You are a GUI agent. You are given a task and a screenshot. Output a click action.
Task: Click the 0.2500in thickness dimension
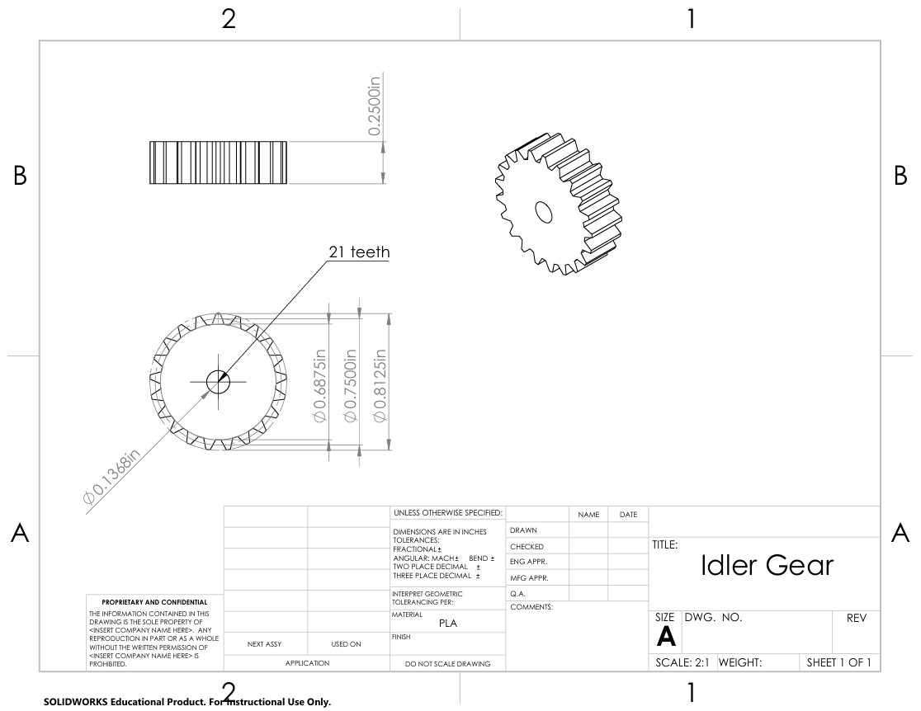pyautogui.click(x=374, y=106)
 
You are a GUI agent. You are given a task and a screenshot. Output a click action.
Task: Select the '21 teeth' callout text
pyautogui.click(x=359, y=252)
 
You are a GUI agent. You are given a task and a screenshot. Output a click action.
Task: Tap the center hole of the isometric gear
pyautogui.click(x=544, y=211)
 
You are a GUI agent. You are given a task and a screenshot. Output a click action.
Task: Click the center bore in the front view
pyautogui.click(x=218, y=381)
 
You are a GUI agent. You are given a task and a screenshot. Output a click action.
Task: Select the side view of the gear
pyautogui.click(x=218, y=162)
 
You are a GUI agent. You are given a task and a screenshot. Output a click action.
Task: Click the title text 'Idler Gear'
pyautogui.click(x=767, y=566)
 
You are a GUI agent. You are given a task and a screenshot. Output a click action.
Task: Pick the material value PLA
pyautogui.click(x=447, y=624)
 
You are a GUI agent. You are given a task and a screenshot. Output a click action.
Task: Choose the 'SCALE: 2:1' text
pyautogui.click(x=682, y=662)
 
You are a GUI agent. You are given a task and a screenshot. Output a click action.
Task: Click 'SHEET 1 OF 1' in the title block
pyautogui.click(x=838, y=662)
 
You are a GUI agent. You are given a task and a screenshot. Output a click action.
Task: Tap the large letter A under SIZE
pyautogui.click(x=665, y=636)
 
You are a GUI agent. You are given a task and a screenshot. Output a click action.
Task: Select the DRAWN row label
pyautogui.click(x=524, y=530)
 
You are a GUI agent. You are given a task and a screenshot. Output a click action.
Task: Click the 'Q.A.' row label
pyautogui.click(x=518, y=593)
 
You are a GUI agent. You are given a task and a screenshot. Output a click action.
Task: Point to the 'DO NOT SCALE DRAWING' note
pyautogui.click(x=447, y=663)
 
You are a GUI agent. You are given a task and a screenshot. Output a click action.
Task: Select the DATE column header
pyautogui.click(x=628, y=515)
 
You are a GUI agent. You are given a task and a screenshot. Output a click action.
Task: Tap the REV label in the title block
pyautogui.click(x=857, y=618)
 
